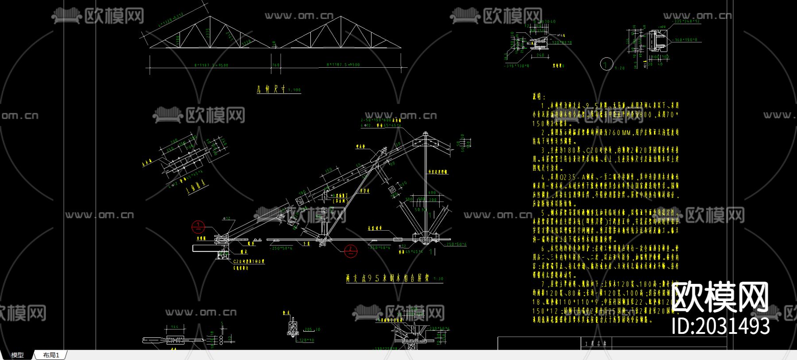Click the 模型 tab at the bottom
[17, 355]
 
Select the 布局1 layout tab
[51, 355]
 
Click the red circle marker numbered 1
[198, 227]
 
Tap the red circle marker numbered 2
[351, 251]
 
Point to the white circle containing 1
[607, 64]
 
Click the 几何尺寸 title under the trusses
[271, 89]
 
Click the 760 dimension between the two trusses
[275, 65]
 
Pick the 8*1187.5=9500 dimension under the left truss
[211, 65]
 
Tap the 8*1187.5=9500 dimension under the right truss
[343, 65]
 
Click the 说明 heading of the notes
[539, 97]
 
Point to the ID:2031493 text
[720, 326]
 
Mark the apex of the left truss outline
[210, 18]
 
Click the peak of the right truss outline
[341, 18]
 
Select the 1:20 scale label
[620, 68]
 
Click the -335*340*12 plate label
[686, 21]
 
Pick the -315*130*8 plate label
[517, 66]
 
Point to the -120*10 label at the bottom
[306, 340]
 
